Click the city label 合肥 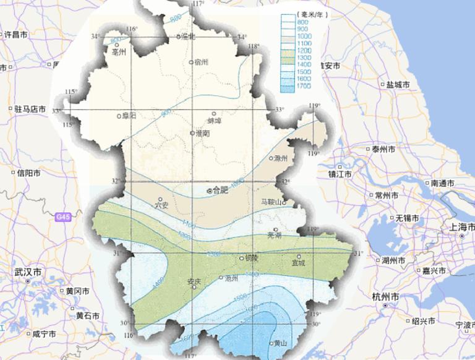(220, 191)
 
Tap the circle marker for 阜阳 (119, 116)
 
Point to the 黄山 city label (280, 344)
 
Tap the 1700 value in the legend (303, 88)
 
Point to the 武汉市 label (28, 272)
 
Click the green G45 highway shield (62, 217)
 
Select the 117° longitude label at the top (198, 4)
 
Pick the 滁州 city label (281, 158)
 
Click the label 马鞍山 (270, 202)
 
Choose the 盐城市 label (398, 84)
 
